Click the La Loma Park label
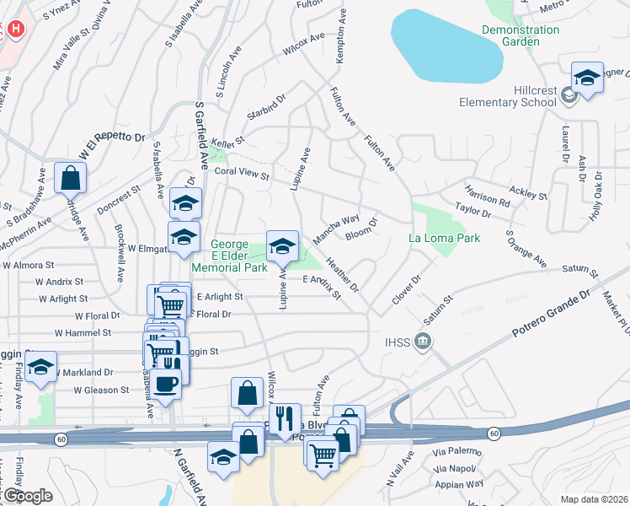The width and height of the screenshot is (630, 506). [445, 238]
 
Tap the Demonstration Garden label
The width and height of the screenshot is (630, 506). [521, 36]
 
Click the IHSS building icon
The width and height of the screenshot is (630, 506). [425, 342]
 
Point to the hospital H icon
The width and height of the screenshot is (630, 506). [15, 30]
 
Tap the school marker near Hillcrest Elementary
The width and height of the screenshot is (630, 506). [586, 78]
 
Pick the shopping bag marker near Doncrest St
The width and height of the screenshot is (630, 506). [70, 178]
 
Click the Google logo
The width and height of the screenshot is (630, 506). [27, 496]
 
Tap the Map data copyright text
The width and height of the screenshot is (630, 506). [594, 499]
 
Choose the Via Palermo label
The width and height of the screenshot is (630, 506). [457, 452]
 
